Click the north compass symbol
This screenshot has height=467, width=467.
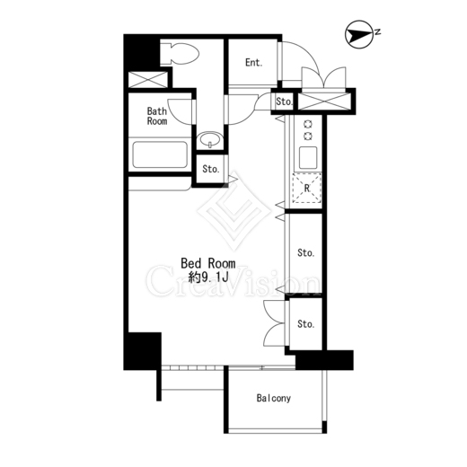tap(359, 34)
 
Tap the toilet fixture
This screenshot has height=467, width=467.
tap(180, 54)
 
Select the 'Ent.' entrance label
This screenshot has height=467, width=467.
tap(254, 63)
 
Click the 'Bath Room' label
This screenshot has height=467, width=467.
tap(157, 116)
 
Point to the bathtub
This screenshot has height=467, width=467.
tap(160, 154)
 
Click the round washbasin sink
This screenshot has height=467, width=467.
tap(210, 140)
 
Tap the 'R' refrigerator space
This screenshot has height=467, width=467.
tap(307, 189)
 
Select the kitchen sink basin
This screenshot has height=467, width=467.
tap(308, 157)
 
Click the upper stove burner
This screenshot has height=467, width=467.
tap(308, 124)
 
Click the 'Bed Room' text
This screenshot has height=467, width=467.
tap(208, 263)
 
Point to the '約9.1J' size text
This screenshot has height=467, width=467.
tap(208, 278)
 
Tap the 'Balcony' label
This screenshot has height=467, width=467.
tap(274, 398)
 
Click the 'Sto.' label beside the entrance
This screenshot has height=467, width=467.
tap(284, 101)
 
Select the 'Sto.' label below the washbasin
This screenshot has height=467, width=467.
tap(211, 169)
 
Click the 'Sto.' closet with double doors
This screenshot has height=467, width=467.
tap(305, 324)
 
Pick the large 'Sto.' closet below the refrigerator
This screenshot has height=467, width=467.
tap(305, 253)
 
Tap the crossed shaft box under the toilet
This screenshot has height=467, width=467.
tap(148, 80)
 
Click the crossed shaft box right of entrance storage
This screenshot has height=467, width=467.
tap(324, 101)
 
